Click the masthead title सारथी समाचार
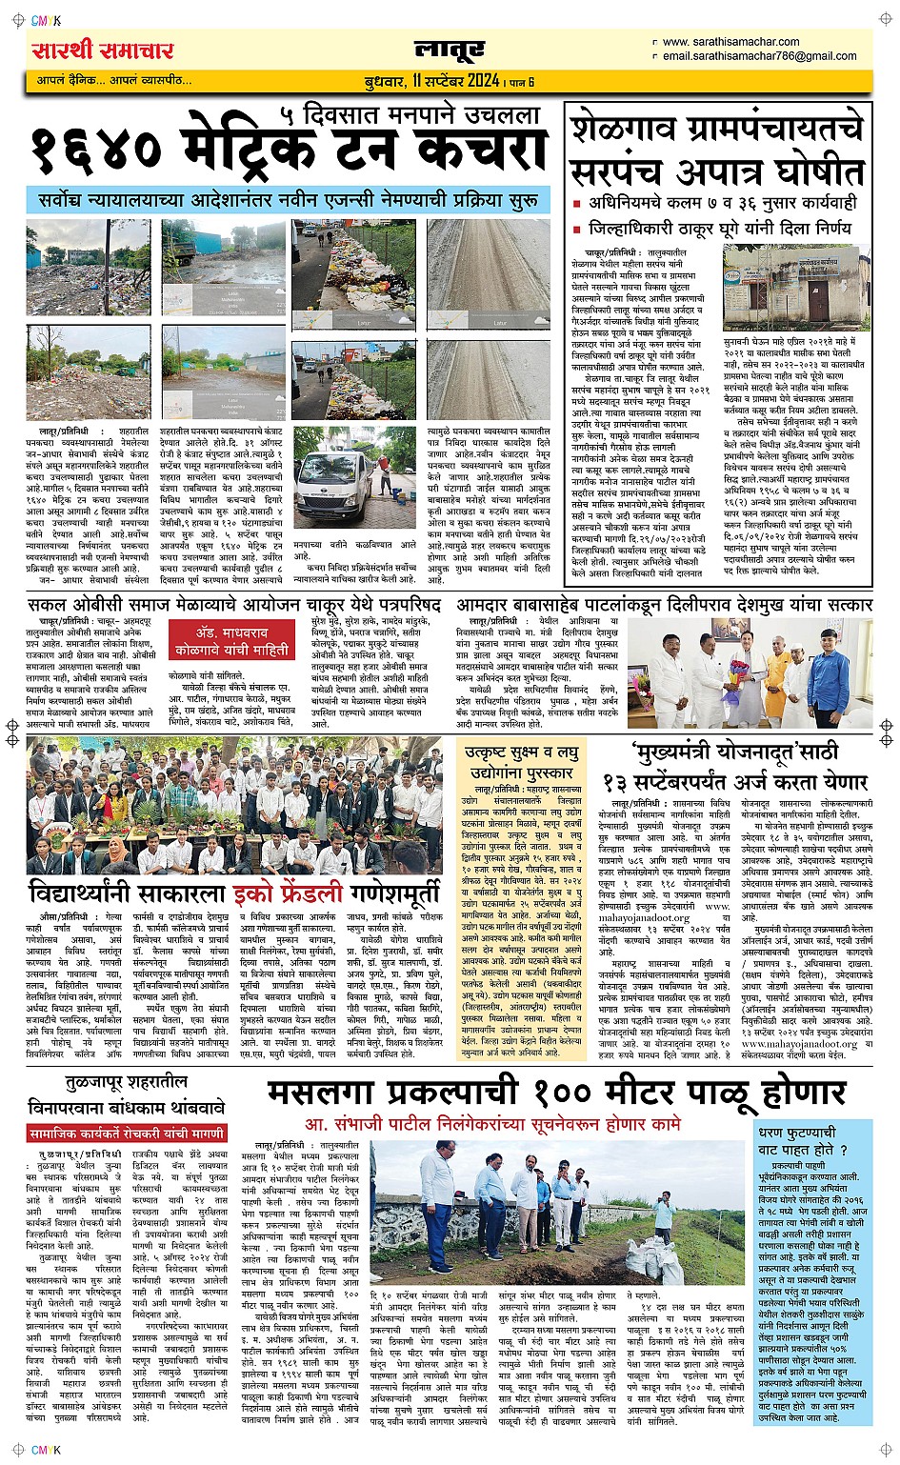click(x=103, y=50)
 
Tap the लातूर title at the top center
click(x=449, y=50)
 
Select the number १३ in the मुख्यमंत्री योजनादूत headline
click(x=625, y=781)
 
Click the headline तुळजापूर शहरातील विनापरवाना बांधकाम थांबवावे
click(x=126, y=1097)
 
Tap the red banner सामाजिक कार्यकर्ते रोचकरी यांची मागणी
click(x=126, y=1134)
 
